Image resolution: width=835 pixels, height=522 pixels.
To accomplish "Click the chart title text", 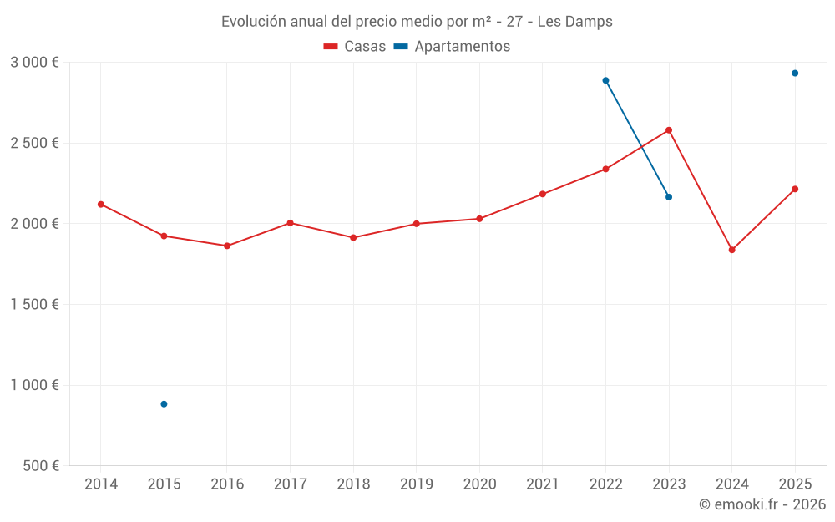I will click(417, 22).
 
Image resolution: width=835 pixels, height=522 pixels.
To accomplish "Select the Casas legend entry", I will click(355, 47).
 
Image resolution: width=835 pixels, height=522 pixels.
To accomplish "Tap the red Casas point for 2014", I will click(101, 204).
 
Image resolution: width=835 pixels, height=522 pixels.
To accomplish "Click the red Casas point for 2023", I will click(669, 130).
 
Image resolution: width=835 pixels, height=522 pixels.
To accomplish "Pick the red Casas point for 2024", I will click(732, 250).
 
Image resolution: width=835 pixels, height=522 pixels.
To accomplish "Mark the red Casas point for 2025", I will click(795, 189).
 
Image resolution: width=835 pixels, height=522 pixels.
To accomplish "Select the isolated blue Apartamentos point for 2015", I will click(164, 404).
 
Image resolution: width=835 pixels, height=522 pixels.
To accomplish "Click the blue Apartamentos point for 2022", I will click(605, 80).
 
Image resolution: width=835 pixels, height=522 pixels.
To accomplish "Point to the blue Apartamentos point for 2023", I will click(669, 197).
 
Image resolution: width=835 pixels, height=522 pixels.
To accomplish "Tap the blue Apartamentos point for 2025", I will click(795, 73).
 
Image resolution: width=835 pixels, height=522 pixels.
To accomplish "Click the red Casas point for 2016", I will click(227, 246).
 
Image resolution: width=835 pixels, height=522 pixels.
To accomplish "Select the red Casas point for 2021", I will click(543, 194).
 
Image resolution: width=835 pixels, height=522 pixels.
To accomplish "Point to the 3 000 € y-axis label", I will click(34, 63).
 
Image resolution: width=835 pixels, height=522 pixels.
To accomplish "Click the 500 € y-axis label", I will click(40, 466).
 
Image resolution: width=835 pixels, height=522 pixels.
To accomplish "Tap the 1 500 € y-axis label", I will click(34, 305).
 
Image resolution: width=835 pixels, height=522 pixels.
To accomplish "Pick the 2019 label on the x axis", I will click(417, 484).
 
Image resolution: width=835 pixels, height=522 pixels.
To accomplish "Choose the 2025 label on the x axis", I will click(795, 484).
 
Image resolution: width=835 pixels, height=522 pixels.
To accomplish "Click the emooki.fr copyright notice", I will click(762, 504).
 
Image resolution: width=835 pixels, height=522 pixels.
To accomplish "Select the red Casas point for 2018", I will click(353, 237).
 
